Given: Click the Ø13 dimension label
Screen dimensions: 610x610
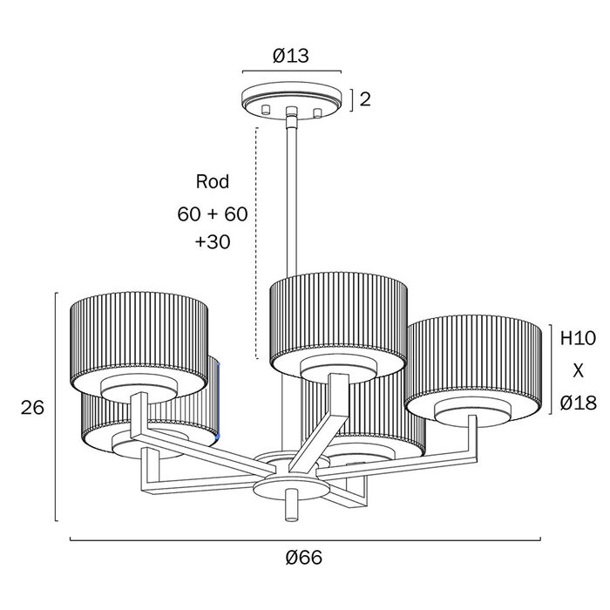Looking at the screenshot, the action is (x=290, y=56).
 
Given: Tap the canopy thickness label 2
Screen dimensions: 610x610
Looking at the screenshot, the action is (x=365, y=99).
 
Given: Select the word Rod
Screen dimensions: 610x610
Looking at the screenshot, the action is (x=213, y=181).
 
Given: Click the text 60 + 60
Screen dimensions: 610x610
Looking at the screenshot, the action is (x=213, y=214).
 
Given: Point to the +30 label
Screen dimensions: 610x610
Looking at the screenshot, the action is (x=213, y=242).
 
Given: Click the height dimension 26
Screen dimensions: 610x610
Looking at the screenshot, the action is (x=32, y=407).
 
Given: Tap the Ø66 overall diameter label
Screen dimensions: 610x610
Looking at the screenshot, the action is (x=304, y=558).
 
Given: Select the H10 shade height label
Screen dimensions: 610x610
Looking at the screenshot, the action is (x=578, y=338).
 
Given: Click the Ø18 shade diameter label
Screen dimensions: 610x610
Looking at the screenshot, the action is (x=578, y=403).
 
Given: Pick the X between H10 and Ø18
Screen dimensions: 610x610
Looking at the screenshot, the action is (x=578, y=371).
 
